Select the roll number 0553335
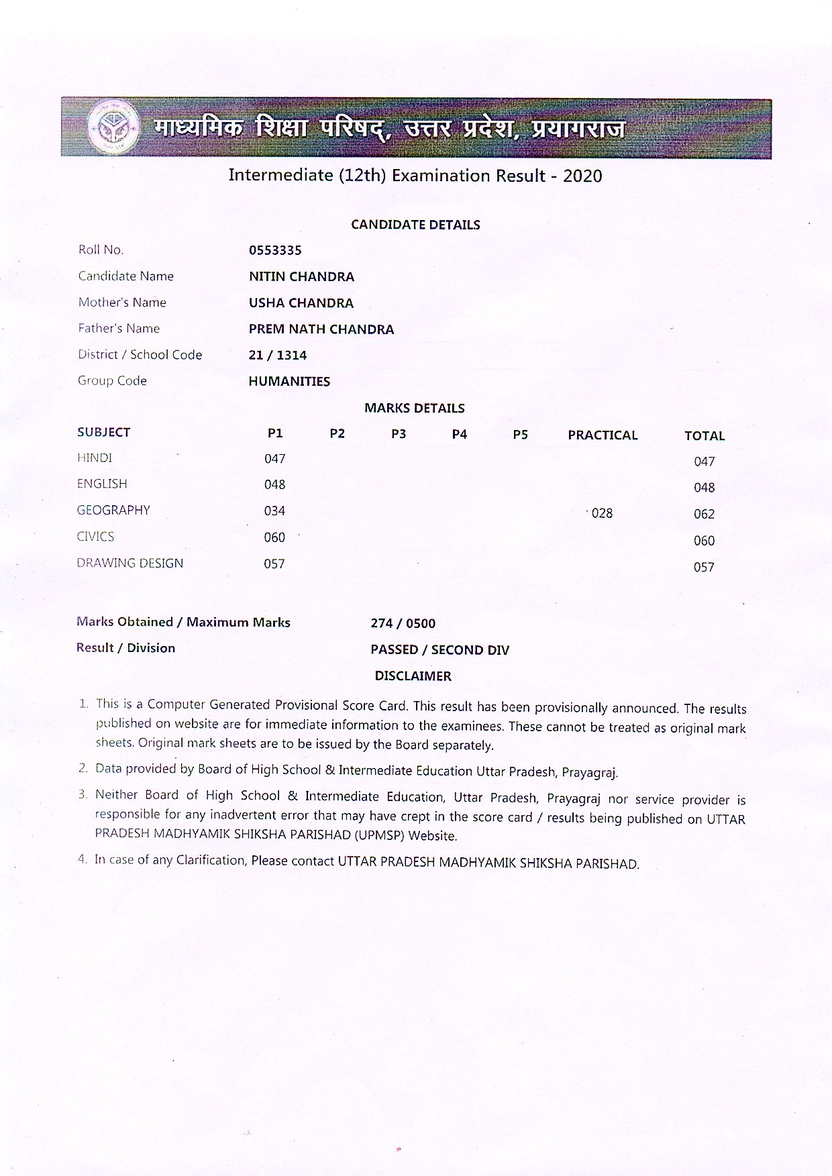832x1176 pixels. pyautogui.click(x=275, y=250)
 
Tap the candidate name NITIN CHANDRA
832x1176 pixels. pyautogui.click(x=301, y=276)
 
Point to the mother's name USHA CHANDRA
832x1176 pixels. pyautogui.click(x=301, y=303)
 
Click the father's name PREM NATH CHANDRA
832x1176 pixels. pyautogui.click(x=321, y=329)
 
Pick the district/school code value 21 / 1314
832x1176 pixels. pyautogui.click(x=277, y=356)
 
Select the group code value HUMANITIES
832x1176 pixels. pyautogui.click(x=289, y=382)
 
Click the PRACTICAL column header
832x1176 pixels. pyautogui.click(x=603, y=435)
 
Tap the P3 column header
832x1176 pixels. pyautogui.click(x=399, y=434)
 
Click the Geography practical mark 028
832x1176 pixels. pyautogui.click(x=602, y=513)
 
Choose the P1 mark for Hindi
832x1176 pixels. pyautogui.click(x=274, y=459)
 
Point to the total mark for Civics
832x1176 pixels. pyautogui.click(x=704, y=541)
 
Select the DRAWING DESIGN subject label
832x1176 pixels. pyautogui.click(x=129, y=564)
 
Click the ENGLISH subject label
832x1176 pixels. pyautogui.click(x=102, y=484)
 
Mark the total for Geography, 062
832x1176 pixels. pyautogui.click(x=704, y=514)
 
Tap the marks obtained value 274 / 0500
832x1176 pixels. pyautogui.click(x=403, y=623)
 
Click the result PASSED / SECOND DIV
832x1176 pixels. pyautogui.click(x=439, y=650)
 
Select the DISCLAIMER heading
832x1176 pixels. pyautogui.click(x=413, y=676)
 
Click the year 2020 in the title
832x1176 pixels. pyautogui.click(x=582, y=176)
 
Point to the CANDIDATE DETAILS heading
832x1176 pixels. pyautogui.click(x=415, y=225)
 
